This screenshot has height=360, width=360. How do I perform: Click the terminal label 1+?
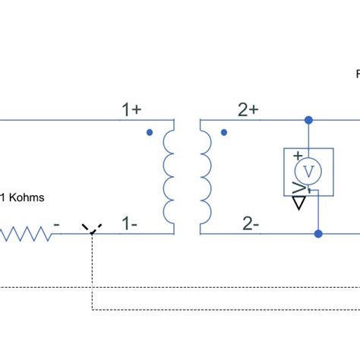pyautogui.click(x=131, y=110)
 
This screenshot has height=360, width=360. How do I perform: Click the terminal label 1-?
pyautogui.click(x=130, y=224)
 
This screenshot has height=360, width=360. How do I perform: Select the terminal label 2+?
pyautogui.click(x=248, y=110)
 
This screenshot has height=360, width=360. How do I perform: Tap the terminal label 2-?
pyautogui.click(x=250, y=224)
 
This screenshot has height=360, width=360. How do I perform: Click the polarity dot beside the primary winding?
pyautogui.click(x=150, y=132)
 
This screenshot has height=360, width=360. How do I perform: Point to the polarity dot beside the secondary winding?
pyautogui.click(x=223, y=132)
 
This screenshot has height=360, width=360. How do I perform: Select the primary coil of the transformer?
pyautogui.click(x=169, y=176)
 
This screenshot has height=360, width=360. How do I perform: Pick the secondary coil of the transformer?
pyautogui.click(x=205, y=176)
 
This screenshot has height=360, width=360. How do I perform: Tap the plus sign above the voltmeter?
pyautogui.click(x=297, y=155)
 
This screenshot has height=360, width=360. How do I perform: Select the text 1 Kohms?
pyautogui.click(x=22, y=198)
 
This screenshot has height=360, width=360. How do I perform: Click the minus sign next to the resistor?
pyautogui.click(x=58, y=226)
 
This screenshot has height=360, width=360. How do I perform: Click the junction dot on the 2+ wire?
pyautogui.click(x=308, y=120)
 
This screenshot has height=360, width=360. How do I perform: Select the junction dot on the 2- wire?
pyautogui.click(x=319, y=234)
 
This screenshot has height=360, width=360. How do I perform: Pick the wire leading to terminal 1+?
pyautogui.click(x=61, y=120)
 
